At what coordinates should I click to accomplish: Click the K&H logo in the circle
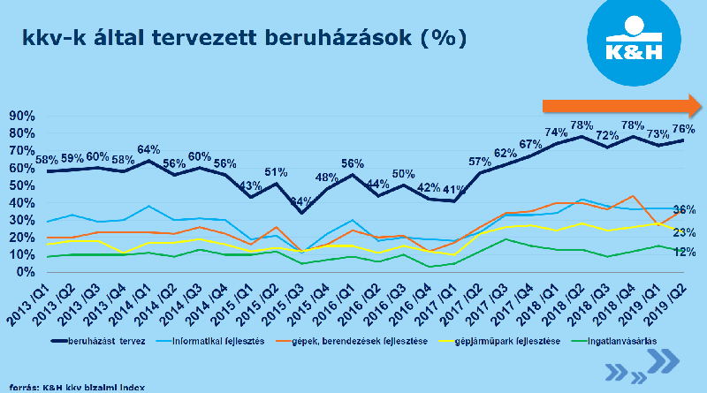pyautogui.click(x=636, y=42)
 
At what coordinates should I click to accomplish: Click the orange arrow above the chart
pyautogui.click(x=622, y=107)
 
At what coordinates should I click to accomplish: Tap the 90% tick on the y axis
pyautogui.click(x=23, y=116)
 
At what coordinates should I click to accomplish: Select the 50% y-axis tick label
pyautogui.click(x=23, y=185)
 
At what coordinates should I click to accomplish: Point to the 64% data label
pyautogui.click(x=148, y=149)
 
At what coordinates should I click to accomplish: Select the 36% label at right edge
pyautogui.click(x=684, y=210)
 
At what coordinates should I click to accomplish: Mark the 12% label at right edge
pyautogui.click(x=684, y=253)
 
